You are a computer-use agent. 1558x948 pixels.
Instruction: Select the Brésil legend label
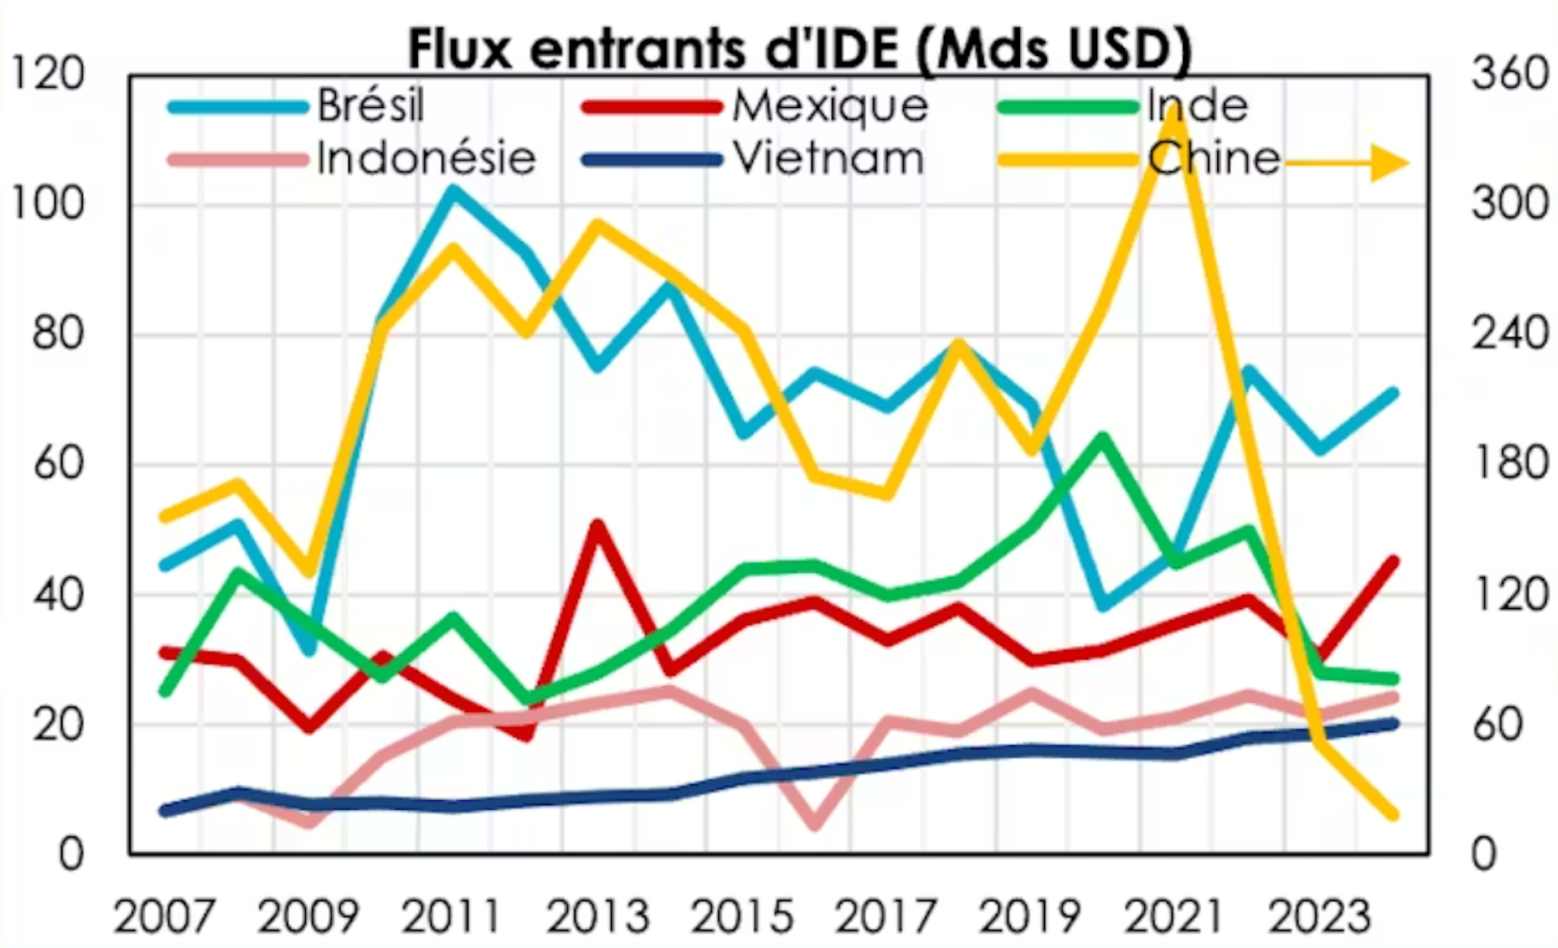tap(371, 106)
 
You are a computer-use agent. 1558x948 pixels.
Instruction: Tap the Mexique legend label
tap(830, 106)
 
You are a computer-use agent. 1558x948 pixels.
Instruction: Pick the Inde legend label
tap(1198, 106)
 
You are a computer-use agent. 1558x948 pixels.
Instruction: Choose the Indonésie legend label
tap(426, 158)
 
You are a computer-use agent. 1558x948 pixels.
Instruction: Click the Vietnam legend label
tap(828, 158)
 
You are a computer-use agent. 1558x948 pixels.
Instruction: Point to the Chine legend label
tap(1214, 158)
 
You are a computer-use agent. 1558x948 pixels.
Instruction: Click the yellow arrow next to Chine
tap(1347, 163)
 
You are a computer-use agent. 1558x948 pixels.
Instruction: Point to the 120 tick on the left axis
tap(47, 75)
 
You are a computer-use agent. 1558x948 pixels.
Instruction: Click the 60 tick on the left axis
tap(58, 465)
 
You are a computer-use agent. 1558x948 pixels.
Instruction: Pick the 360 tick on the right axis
tap(1510, 75)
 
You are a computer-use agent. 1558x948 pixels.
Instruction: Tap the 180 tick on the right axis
tap(1510, 465)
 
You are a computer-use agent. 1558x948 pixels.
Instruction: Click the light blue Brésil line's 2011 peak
tap(453, 191)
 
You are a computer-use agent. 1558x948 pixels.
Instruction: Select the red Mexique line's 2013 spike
tap(597, 525)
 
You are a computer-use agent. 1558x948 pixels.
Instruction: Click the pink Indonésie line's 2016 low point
tap(815, 825)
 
